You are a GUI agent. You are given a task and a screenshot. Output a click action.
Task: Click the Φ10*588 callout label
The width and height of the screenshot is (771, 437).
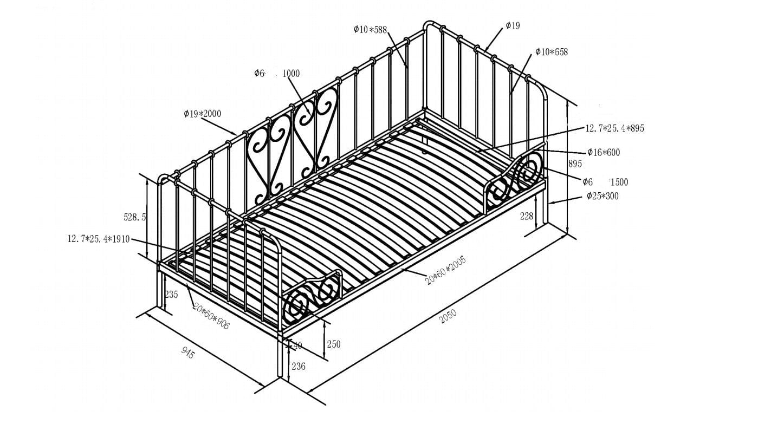coord(370,30)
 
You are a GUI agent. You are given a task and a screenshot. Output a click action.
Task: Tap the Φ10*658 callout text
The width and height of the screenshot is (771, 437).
coord(552,52)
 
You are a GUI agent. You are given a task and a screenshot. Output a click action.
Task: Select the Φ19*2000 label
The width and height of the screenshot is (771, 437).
coord(202,114)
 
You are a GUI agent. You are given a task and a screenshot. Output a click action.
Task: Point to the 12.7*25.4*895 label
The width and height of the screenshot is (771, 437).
coord(614,128)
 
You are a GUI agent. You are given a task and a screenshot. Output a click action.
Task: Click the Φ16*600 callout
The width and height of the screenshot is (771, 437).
coord(603,152)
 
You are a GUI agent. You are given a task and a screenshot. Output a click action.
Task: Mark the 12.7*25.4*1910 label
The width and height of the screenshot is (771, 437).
coord(98,239)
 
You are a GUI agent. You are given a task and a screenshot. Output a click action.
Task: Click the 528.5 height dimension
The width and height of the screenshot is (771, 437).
coord(135,217)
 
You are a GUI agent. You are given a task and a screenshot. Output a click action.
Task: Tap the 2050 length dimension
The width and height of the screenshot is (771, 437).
coord(448,316)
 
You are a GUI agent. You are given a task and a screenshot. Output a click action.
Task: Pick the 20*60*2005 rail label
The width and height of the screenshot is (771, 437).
coord(445,271)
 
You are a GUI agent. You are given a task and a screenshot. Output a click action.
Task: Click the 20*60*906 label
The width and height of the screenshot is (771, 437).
coord(211,316)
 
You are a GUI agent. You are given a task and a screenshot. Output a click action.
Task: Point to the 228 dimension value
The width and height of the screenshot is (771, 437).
coord(527,216)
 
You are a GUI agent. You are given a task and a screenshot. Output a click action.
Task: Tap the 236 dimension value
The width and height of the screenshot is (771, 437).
coord(299,367)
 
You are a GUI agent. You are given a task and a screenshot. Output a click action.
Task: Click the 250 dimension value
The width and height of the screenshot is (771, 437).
coord(334,344)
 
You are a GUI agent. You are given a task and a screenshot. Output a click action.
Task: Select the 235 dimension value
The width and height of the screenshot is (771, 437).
coord(171,295)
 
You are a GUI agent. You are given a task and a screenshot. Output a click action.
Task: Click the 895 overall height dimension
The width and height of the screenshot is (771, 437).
coord(575,164)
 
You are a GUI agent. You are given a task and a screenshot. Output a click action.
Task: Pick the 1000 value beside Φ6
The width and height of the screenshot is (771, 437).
coord(291,74)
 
